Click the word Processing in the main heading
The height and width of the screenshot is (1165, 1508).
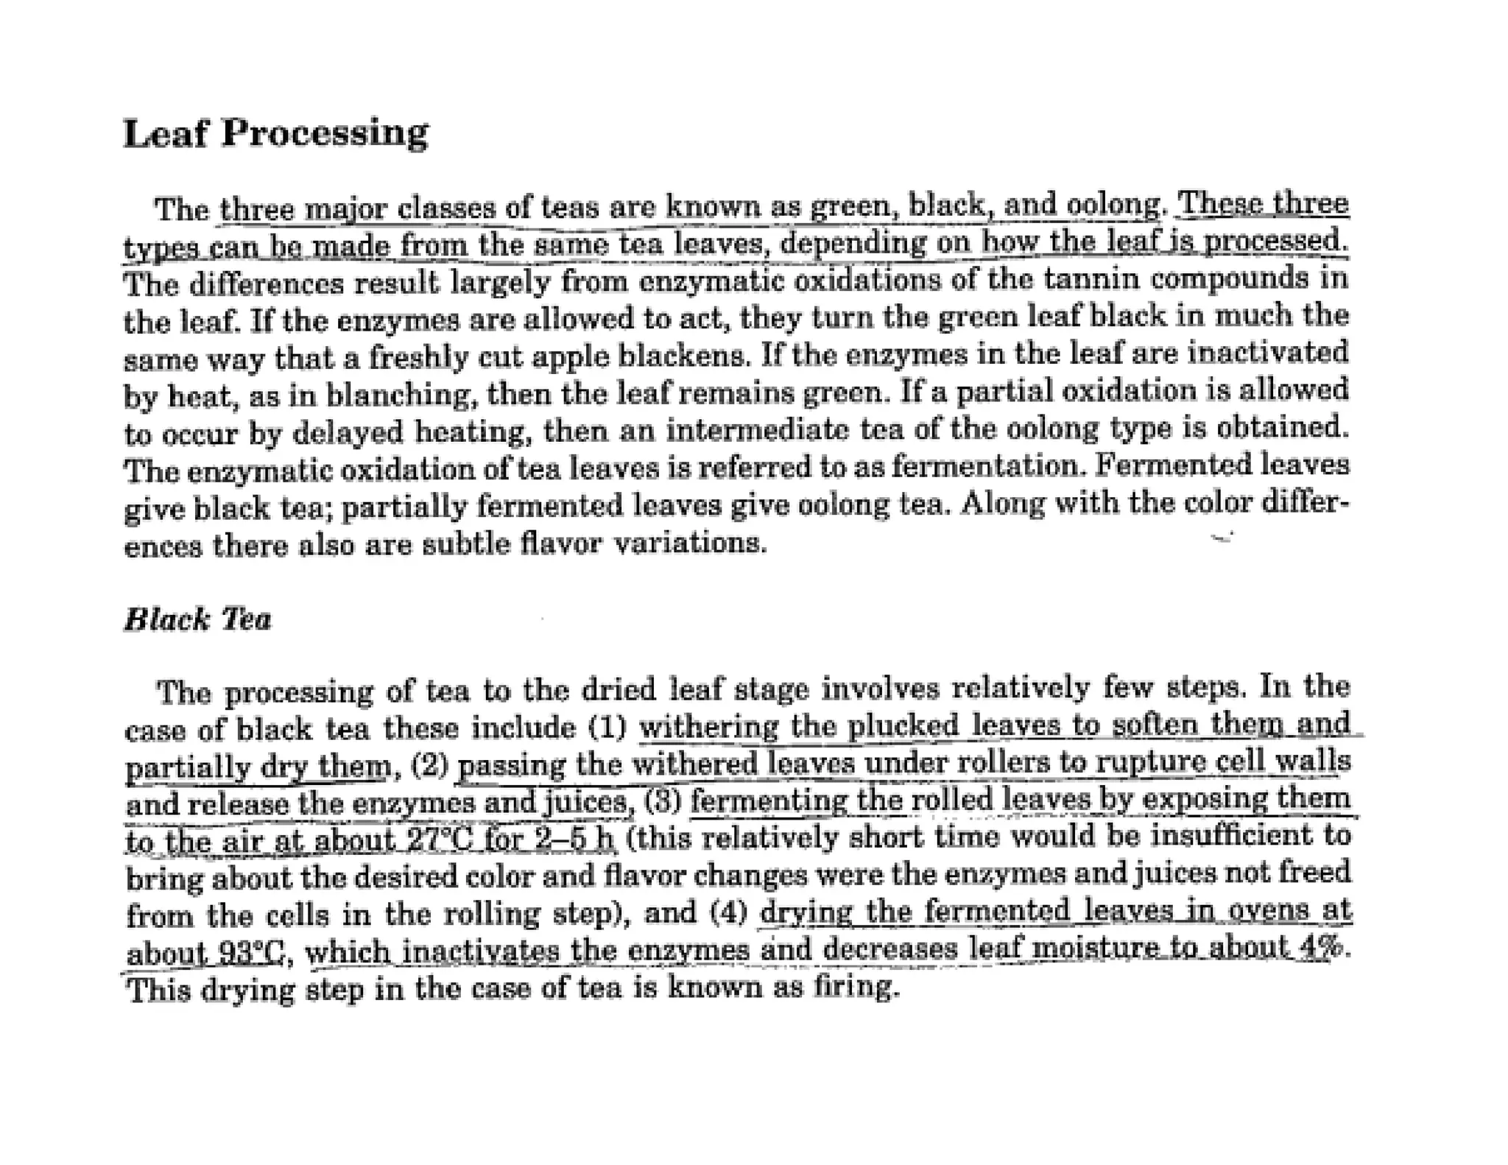[324, 134]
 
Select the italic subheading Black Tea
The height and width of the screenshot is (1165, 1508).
[197, 619]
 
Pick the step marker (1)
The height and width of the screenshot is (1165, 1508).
[608, 728]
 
